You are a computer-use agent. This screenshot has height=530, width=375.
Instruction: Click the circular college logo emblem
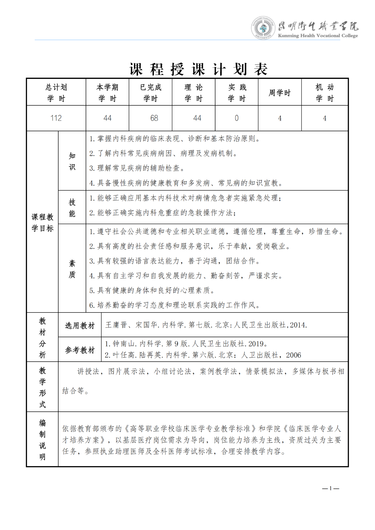[x=263, y=28]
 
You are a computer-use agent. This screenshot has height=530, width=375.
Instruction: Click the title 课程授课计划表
[x=198, y=69]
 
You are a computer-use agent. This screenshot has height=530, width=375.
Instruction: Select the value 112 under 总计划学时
[x=56, y=118]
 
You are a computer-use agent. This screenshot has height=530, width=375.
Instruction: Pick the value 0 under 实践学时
[x=237, y=118]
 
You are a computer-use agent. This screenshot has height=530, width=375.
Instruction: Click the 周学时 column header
[x=280, y=93]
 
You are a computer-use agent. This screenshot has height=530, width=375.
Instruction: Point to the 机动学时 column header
[x=324, y=93]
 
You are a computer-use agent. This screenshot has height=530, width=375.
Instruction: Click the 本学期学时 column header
[x=107, y=93]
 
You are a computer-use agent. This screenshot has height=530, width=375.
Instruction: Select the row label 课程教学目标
[x=42, y=222]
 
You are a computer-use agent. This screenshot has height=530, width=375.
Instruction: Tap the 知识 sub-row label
[x=72, y=161]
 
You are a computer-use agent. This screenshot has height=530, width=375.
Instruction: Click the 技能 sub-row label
[x=72, y=208]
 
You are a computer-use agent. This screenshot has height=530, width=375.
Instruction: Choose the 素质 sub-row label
[x=72, y=269]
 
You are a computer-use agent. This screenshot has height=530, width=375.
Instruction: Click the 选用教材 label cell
[x=80, y=325]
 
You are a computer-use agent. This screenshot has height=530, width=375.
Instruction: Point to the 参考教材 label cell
[x=80, y=350]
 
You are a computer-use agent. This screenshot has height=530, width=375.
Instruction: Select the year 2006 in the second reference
[x=293, y=355]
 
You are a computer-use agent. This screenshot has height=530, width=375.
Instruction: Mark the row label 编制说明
[x=42, y=440]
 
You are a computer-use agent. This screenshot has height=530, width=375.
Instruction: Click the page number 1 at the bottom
[x=331, y=489]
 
